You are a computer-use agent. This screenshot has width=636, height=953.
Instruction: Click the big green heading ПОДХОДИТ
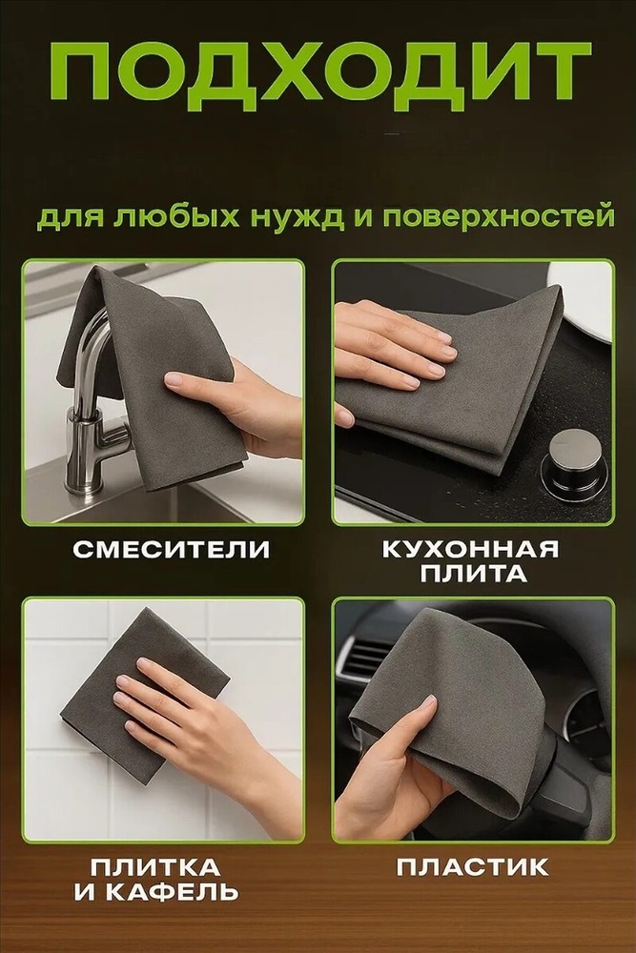click(319, 76)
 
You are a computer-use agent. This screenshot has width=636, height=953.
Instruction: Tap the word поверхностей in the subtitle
click(500, 217)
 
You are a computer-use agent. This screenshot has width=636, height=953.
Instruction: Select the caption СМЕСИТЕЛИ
click(172, 550)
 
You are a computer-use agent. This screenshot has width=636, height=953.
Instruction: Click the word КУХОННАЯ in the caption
click(471, 550)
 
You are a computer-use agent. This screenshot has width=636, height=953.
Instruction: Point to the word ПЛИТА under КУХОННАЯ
click(472, 574)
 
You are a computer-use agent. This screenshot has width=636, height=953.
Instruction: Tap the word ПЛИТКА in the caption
click(155, 866)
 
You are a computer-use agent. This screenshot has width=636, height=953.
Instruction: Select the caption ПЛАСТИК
click(472, 866)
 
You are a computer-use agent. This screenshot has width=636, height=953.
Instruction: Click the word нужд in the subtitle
click(295, 217)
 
